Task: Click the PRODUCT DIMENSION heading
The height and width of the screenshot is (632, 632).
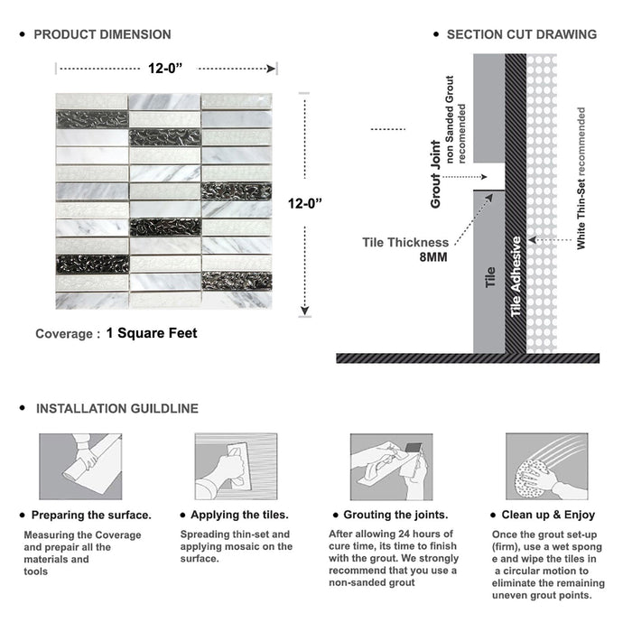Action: (x=102, y=34)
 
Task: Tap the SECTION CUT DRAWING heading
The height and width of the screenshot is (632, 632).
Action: (x=521, y=34)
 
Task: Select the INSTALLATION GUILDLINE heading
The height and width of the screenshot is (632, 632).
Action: (x=116, y=409)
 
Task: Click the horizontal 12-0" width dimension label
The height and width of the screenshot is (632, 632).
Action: (x=168, y=67)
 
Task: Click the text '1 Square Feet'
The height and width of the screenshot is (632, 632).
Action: (x=152, y=333)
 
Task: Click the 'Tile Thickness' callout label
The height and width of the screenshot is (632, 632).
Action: (x=404, y=242)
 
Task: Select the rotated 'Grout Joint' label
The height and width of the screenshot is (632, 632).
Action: (x=436, y=174)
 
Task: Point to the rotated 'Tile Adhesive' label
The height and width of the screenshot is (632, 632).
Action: (x=516, y=276)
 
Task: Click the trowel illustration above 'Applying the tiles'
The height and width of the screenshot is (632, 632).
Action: (x=235, y=467)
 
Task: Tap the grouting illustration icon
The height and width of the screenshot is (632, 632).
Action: (x=391, y=467)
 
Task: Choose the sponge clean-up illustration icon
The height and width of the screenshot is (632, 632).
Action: (x=546, y=467)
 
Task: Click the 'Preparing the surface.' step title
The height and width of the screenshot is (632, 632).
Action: (x=91, y=516)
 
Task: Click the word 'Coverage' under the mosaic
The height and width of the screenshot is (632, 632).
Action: (x=63, y=334)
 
